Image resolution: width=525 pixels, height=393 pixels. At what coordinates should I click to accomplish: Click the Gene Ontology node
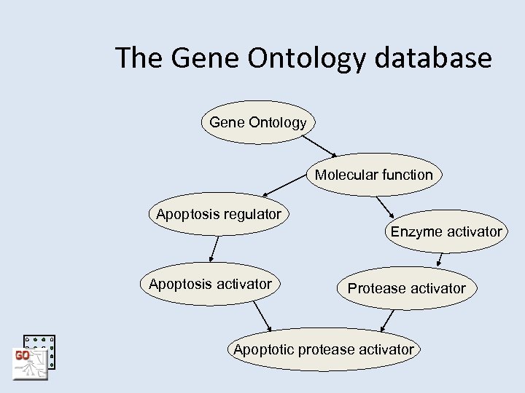(257, 122)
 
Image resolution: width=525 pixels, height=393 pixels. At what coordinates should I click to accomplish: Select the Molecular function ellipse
(373, 175)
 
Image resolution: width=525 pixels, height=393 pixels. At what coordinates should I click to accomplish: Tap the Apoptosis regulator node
(219, 215)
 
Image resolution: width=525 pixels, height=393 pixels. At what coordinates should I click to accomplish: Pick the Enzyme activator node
(446, 232)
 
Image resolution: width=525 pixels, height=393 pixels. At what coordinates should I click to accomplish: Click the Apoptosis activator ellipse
(210, 284)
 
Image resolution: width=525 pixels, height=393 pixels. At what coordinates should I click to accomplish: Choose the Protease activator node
(406, 288)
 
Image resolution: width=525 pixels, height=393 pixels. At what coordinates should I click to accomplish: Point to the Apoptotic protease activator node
(323, 350)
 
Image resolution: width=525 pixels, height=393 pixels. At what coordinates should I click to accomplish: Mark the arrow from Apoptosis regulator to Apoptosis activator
(214, 249)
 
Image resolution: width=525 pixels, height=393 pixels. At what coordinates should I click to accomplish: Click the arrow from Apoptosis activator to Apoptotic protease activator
(260, 317)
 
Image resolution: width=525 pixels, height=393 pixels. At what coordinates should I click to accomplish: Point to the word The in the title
(140, 58)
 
